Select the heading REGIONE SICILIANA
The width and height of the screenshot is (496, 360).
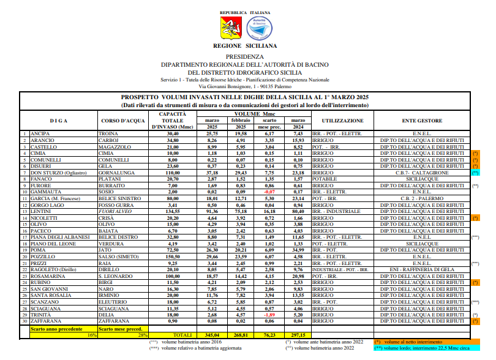(x=245, y=45)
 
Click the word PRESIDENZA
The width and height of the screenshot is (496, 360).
(x=245, y=56)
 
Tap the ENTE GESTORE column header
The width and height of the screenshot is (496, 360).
(x=423, y=121)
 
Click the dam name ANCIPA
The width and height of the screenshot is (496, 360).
(x=40, y=133)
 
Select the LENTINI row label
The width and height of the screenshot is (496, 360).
(x=40, y=211)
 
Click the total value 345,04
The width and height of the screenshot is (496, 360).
(x=211, y=336)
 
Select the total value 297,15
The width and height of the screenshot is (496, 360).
(x=298, y=336)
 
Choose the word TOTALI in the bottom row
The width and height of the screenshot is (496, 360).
(x=182, y=336)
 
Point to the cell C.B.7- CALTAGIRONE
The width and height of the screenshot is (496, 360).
(x=422, y=173)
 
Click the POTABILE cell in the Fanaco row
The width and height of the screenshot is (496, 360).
(x=325, y=179)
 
